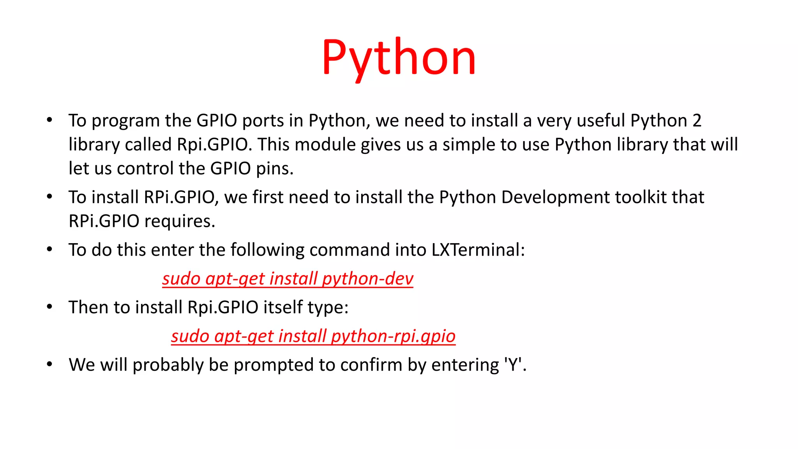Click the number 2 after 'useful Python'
697,121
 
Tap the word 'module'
325,145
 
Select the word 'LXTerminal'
478,250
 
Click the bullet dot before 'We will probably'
49,364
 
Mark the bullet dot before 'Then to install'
49,307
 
